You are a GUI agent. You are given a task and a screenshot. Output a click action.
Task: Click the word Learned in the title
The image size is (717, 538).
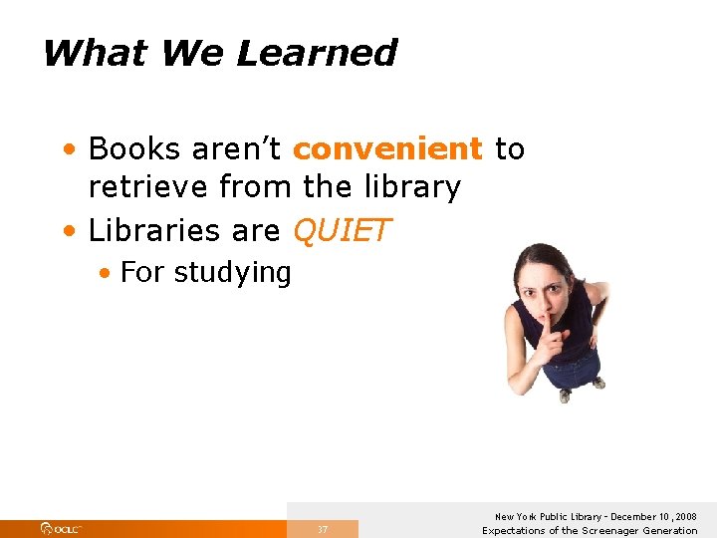coord(317,53)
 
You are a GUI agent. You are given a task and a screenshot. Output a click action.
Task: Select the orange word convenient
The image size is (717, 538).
coord(387,149)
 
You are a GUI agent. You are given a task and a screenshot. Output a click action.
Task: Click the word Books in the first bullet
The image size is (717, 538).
coord(133,149)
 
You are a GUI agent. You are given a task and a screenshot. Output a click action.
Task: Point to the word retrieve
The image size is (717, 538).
coord(148,186)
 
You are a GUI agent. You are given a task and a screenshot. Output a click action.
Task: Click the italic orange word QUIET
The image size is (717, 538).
coord(342,231)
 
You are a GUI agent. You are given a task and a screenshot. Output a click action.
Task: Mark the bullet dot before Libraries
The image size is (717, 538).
coord(66,232)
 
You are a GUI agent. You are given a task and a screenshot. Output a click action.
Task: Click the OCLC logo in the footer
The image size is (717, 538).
coord(62,528)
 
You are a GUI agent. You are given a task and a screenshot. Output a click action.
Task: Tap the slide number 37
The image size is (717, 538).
coord(323,529)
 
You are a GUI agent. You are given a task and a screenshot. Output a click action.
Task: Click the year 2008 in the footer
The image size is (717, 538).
coord(685,517)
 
